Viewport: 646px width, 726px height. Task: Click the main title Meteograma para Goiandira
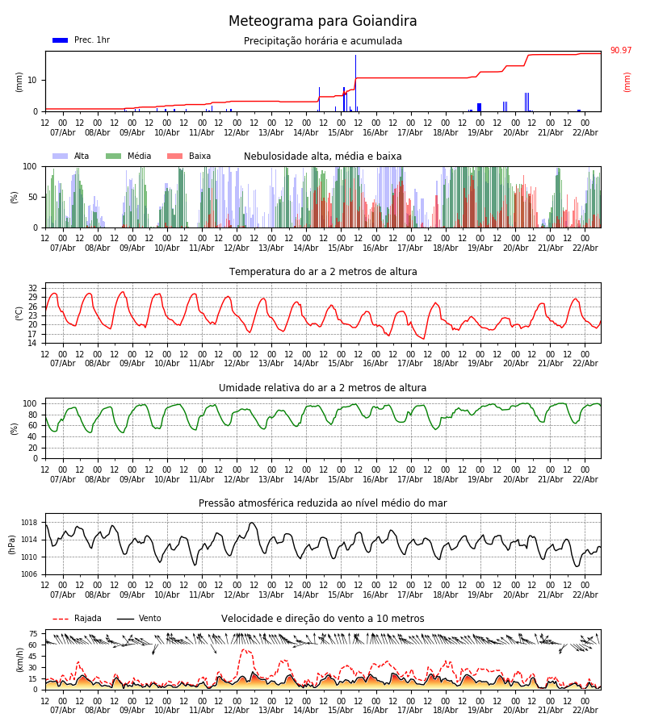(x=323, y=22)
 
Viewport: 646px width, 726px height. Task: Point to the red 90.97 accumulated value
(x=620, y=51)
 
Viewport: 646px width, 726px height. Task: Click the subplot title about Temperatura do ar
(x=323, y=272)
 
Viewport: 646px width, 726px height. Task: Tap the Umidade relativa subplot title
(x=323, y=388)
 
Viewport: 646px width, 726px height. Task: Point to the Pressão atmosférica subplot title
(x=323, y=503)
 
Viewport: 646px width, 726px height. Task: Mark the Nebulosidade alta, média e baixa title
(x=323, y=156)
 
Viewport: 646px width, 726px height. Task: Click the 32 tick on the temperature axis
(x=33, y=288)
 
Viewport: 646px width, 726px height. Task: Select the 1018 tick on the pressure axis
(x=28, y=523)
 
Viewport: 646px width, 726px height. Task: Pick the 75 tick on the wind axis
(x=33, y=634)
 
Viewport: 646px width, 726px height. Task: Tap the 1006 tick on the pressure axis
(x=28, y=574)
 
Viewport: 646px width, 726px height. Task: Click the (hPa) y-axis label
(x=12, y=544)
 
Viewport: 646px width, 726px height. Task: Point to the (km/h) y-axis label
(x=19, y=659)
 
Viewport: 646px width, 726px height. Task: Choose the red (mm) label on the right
(x=627, y=81)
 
